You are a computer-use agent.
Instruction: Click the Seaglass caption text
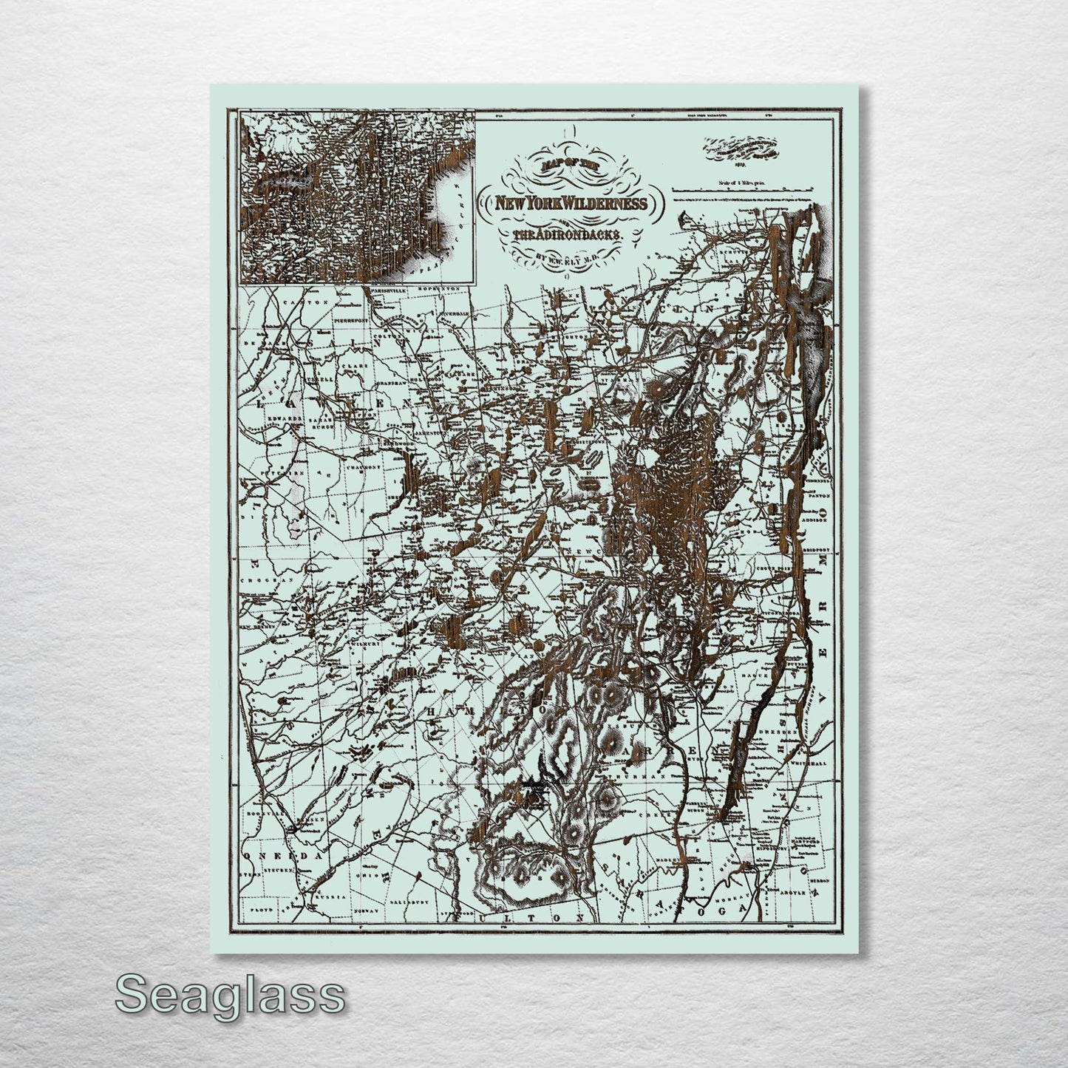pyautogui.click(x=229, y=995)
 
